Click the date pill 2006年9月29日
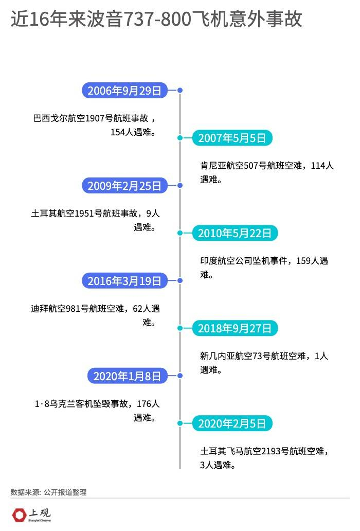click(x=125, y=91)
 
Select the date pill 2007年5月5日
click(x=232, y=138)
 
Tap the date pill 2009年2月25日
click(x=125, y=186)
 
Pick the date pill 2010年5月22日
click(x=235, y=233)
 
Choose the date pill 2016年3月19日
click(x=125, y=281)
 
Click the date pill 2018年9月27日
click(x=235, y=328)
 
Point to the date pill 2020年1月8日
click(x=128, y=376)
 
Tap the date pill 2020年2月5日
click(x=232, y=423)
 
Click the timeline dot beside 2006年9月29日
click(x=180, y=91)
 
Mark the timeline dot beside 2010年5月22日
click(x=180, y=233)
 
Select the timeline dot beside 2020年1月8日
click(x=180, y=376)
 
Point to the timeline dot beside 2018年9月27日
click(x=180, y=328)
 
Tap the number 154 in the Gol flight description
click(x=118, y=132)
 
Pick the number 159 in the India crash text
click(x=303, y=261)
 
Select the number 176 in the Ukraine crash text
click(x=144, y=404)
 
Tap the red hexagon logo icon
click(x=19, y=515)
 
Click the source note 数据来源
click(x=25, y=492)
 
